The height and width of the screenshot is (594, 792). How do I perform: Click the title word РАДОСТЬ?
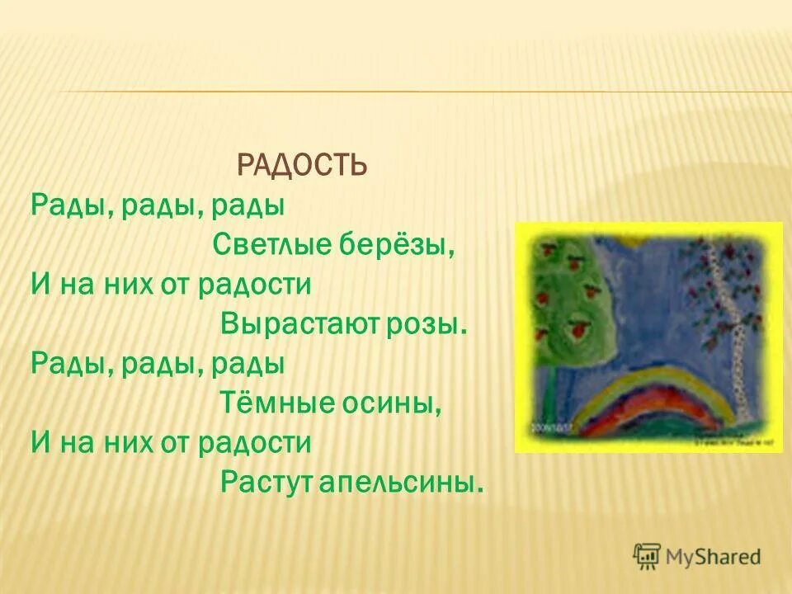pyautogui.click(x=301, y=166)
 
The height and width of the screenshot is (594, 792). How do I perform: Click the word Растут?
pyautogui.click(x=260, y=483)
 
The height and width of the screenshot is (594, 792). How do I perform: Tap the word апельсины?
pyautogui.click(x=394, y=483)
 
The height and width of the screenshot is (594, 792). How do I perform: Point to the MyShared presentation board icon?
pyautogui.click(x=647, y=556)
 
